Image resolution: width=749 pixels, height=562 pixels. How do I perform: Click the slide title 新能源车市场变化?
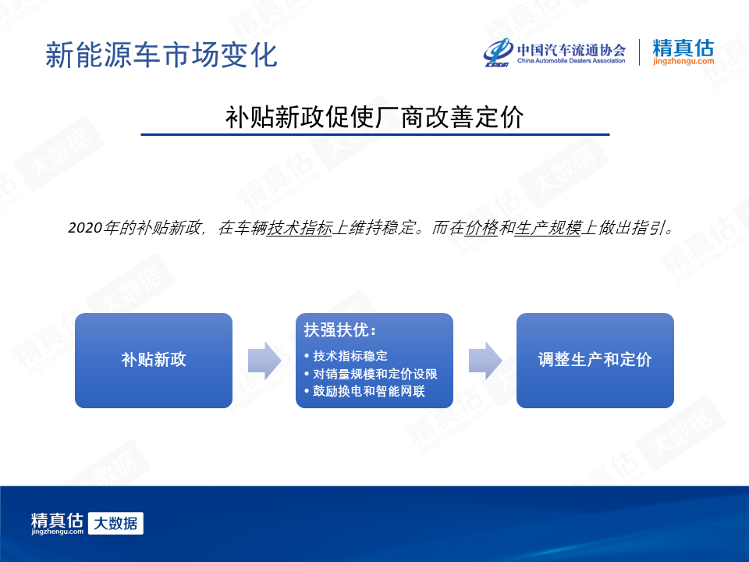click(162, 55)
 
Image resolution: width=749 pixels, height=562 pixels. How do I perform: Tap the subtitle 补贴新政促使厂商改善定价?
click(374, 117)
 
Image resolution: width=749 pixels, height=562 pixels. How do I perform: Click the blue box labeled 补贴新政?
click(154, 361)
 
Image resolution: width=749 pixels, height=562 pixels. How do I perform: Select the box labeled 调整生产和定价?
click(595, 361)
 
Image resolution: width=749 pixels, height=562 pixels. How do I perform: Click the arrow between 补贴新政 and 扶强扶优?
click(264, 361)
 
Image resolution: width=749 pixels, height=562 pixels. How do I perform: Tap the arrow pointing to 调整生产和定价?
click(485, 361)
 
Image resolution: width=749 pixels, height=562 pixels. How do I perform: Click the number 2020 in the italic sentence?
click(86, 227)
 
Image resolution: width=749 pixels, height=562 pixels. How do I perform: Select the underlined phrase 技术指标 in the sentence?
click(300, 227)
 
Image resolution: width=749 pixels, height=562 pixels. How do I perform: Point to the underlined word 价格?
click(481, 227)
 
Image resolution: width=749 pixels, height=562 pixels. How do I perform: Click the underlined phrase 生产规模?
click(548, 227)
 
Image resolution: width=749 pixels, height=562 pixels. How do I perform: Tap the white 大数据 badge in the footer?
click(115, 523)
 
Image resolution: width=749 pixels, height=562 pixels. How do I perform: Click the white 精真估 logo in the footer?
click(57, 523)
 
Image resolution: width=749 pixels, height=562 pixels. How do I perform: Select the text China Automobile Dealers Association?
click(571, 61)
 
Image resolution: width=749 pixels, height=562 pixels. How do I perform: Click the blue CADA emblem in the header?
click(499, 52)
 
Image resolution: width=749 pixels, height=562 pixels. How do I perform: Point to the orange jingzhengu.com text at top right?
click(683, 61)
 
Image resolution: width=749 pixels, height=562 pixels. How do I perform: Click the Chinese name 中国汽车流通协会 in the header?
click(571, 49)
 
